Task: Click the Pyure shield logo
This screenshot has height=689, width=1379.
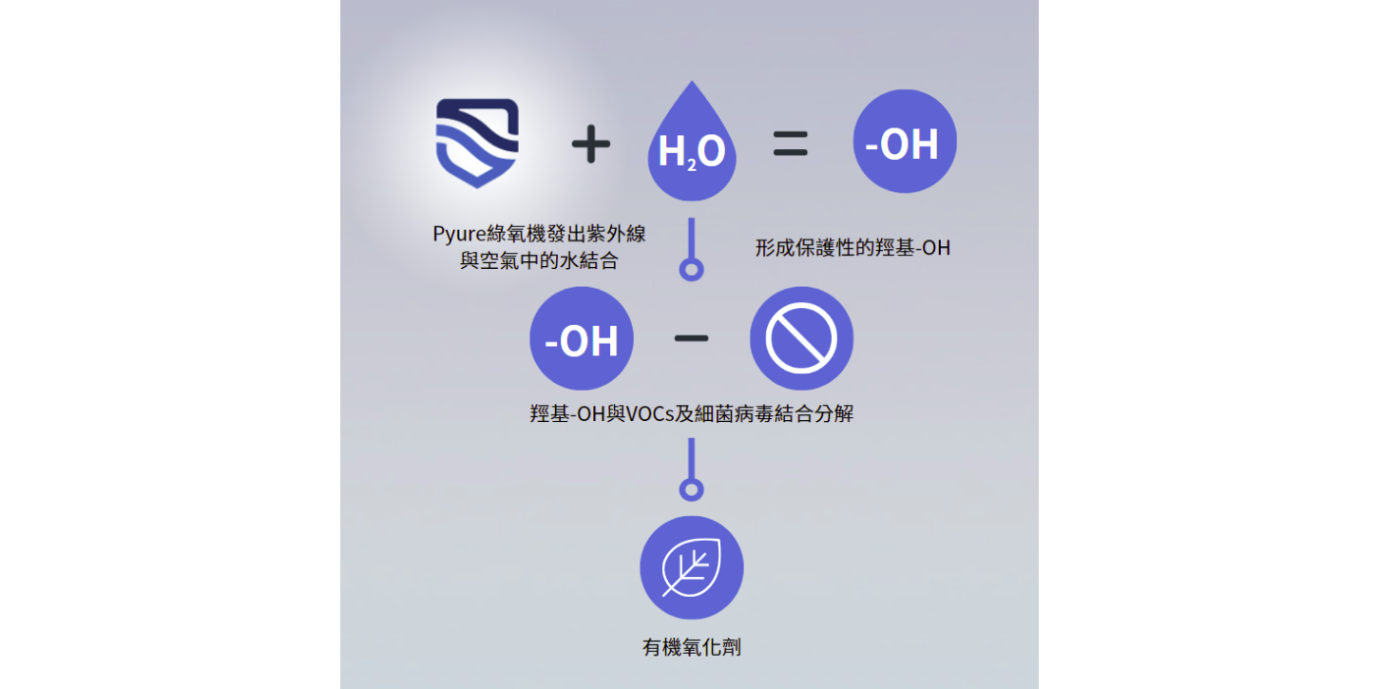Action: pyautogui.click(x=477, y=143)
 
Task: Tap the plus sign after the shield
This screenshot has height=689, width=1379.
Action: pyautogui.click(x=590, y=144)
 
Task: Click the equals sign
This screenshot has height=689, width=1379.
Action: pyautogui.click(x=790, y=144)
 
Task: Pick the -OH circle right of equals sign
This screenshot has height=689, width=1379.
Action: pyautogui.click(x=904, y=142)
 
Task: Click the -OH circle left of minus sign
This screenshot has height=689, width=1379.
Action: pyautogui.click(x=581, y=338)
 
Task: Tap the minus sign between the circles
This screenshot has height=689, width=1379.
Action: pyautogui.click(x=691, y=337)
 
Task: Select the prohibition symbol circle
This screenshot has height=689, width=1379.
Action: pyautogui.click(x=801, y=338)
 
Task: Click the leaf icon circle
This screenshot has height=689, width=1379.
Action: pyautogui.click(x=691, y=567)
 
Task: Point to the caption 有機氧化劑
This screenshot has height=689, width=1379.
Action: pyautogui.click(x=691, y=648)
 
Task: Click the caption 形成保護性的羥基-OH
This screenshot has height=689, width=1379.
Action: pyautogui.click(x=852, y=248)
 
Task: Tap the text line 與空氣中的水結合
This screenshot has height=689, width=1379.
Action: pyautogui.click(x=539, y=260)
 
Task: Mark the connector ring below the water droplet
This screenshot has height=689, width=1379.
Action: pyautogui.click(x=691, y=269)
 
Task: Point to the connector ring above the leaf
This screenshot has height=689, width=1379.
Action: pyautogui.click(x=691, y=489)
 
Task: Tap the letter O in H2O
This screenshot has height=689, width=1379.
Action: pyautogui.click(x=712, y=152)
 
